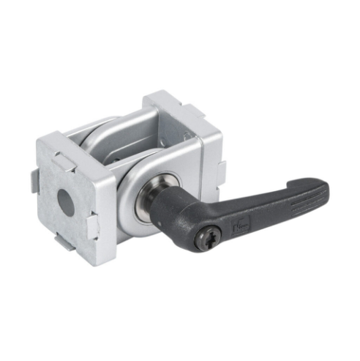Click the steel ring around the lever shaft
pyautogui.click(x=155, y=199)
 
